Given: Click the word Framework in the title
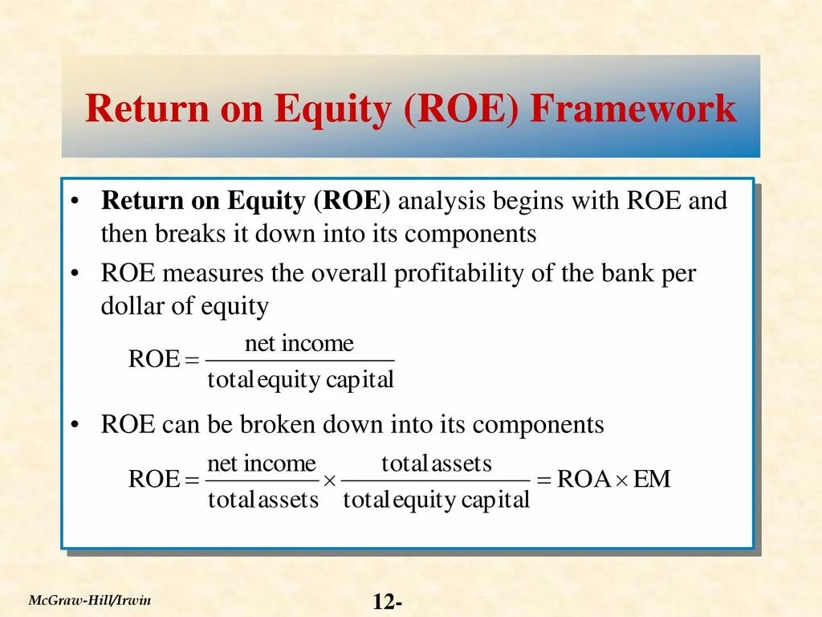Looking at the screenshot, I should (x=633, y=109).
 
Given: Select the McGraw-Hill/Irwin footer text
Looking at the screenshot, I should (x=90, y=600).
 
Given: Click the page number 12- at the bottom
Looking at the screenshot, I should (x=388, y=603).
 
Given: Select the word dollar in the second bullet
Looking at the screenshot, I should (x=128, y=306).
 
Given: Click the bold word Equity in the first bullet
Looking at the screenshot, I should (x=266, y=201).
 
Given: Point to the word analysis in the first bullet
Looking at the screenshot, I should (x=442, y=201).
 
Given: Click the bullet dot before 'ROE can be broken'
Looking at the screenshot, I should (x=74, y=425).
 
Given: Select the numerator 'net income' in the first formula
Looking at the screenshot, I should (x=299, y=345).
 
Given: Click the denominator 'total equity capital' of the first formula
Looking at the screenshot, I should (x=300, y=379).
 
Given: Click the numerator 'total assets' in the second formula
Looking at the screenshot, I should (x=436, y=464).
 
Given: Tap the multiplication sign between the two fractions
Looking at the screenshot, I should (x=329, y=480).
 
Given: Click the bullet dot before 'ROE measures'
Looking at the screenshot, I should (x=74, y=275).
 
